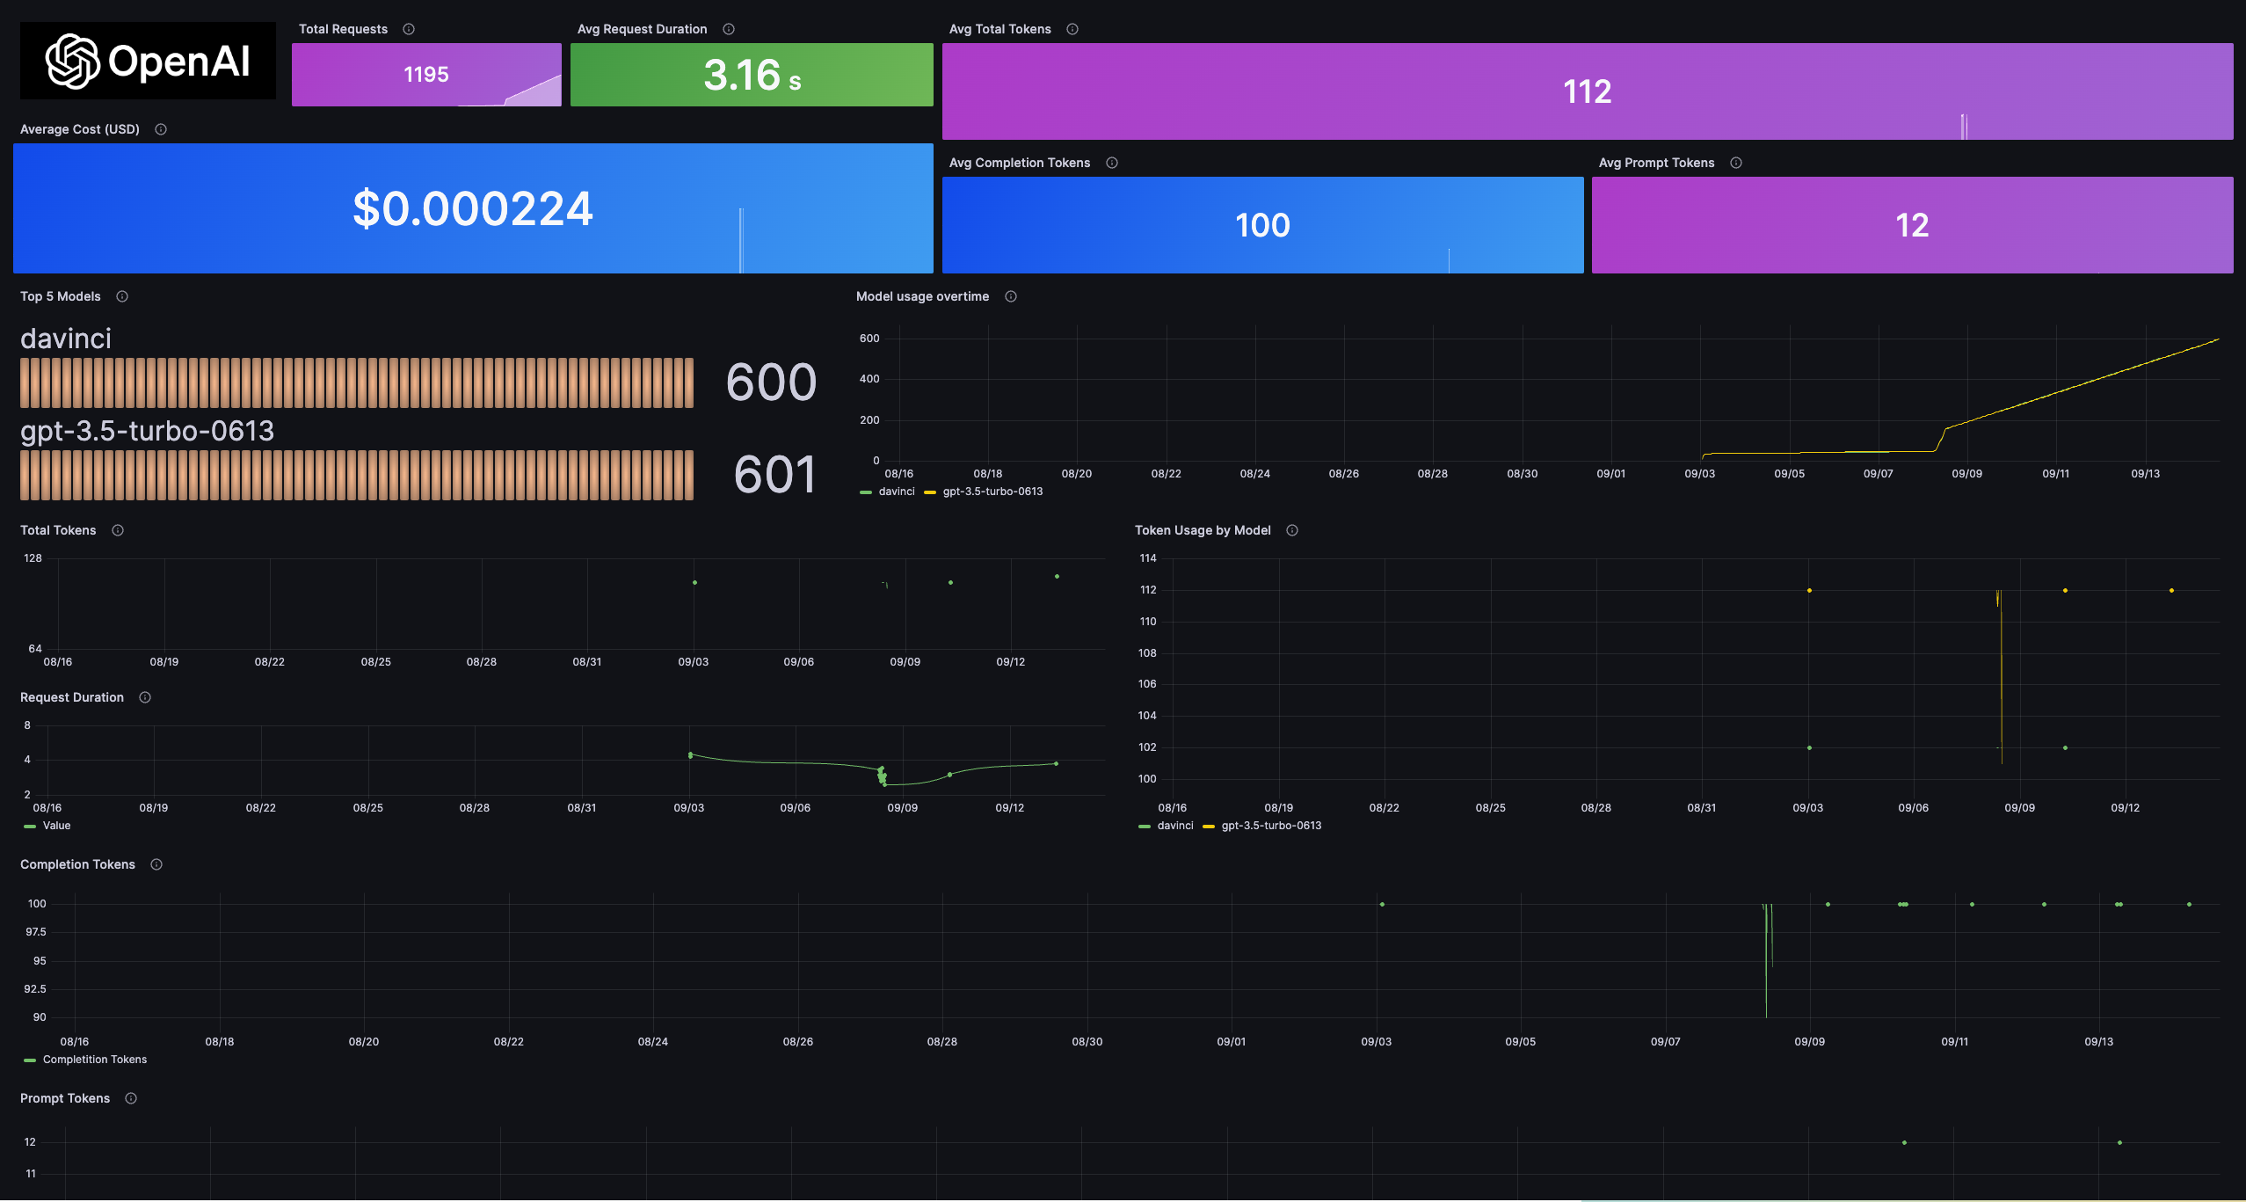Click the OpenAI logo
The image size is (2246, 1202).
(x=148, y=62)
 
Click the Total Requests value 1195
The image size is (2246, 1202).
(x=426, y=75)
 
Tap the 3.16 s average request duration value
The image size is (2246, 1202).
(x=752, y=76)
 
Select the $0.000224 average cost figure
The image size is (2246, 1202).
(x=473, y=209)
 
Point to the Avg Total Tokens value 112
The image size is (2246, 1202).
(x=1587, y=92)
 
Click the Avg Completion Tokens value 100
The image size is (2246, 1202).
(x=1262, y=226)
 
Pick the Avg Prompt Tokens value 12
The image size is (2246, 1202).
(x=1912, y=226)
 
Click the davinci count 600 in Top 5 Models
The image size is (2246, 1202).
(x=771, y=382)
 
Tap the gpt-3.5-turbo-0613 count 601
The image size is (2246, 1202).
(x=774, y=475)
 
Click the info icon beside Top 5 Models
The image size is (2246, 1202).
(x=122, y=296)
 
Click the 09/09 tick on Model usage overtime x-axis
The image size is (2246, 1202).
(x=1966, y=474)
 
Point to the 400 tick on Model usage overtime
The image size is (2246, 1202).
(x=869, y=379)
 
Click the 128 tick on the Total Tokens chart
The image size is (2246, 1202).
(x=33, y=558)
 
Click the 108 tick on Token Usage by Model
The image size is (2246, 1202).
(x=1147, y=653)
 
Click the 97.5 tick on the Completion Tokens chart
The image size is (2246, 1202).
(x=36, y=932)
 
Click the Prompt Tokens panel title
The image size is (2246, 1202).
(x=65, y=1098)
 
